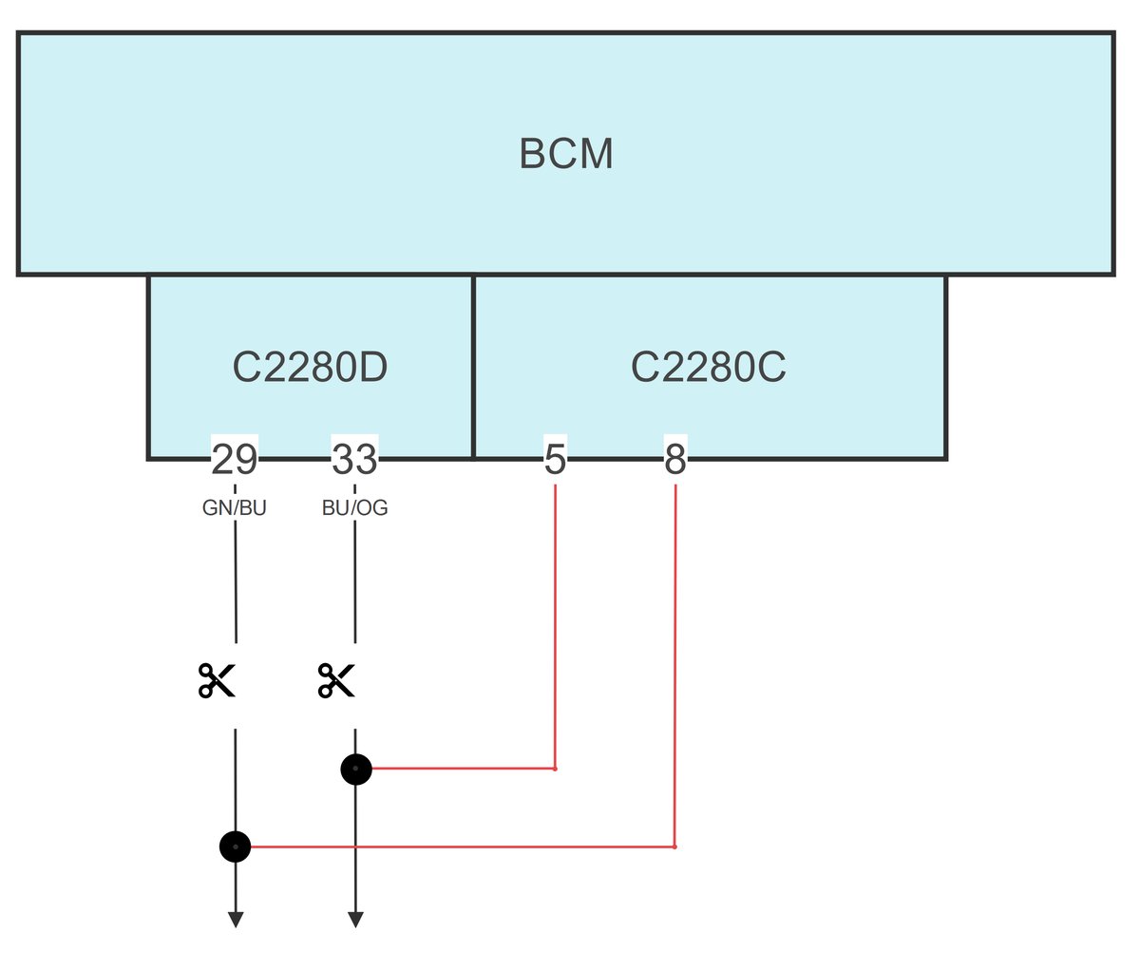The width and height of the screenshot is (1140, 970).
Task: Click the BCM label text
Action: coord(566,154)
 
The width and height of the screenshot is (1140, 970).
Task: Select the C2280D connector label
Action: coord(310,368)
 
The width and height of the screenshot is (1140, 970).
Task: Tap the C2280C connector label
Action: coord(709,368)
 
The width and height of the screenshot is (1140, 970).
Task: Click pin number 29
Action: coord(234,460)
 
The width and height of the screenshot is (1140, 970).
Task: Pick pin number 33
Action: coord(354,460)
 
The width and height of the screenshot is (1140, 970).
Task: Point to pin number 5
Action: coord(555,460)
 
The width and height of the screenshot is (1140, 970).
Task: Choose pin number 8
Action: coord(674,460)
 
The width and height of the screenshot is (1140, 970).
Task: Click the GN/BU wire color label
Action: coord(234,508)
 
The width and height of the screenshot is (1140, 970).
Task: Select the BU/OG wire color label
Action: coord(354,508)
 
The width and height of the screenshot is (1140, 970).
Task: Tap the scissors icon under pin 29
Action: coord(217,680)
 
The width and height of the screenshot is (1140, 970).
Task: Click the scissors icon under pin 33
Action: coord(336,680)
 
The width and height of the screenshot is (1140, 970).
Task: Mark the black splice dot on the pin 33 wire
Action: coord(355,769)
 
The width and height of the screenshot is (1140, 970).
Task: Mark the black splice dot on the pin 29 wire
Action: coord(235,846)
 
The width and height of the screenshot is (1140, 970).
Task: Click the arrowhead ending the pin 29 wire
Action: coord(235,920)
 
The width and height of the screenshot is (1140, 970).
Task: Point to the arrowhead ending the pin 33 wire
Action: coord(355,920)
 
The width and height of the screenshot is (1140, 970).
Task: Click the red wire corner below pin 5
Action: coord(555,769)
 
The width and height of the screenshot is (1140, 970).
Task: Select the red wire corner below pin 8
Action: coord(674,846)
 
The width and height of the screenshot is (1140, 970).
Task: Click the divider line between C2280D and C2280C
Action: coord(473,366)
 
